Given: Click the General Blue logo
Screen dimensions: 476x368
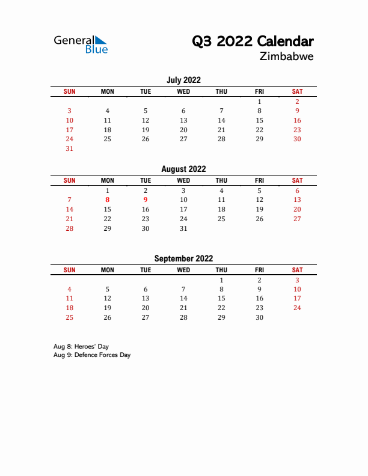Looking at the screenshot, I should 81,44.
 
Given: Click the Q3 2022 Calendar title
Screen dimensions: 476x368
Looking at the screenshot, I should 253,41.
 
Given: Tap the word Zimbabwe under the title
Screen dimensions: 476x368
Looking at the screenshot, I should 287,57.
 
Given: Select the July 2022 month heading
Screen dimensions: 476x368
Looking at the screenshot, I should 183,80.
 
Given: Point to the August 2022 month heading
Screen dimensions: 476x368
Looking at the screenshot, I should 183,169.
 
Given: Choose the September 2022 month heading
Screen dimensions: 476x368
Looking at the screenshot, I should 183,258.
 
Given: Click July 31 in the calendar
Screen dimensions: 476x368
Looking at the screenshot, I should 69,148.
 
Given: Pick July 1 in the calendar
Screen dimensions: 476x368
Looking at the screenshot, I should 259,102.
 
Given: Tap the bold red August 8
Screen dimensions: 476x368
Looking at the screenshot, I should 108,200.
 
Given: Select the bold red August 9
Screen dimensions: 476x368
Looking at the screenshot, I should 146,200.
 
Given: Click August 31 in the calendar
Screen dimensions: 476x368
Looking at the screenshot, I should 183,228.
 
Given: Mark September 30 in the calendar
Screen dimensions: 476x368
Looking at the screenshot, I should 259,317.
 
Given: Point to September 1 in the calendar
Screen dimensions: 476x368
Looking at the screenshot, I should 221,280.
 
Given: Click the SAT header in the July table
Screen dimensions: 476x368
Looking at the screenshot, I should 297,91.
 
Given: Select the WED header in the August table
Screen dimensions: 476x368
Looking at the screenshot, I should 183,180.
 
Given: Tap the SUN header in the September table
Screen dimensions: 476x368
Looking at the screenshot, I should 69,270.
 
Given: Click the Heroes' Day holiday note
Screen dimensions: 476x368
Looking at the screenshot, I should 81,346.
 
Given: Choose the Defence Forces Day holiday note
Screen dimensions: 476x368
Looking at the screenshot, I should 92,355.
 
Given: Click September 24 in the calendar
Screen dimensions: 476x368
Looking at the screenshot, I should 297,308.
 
